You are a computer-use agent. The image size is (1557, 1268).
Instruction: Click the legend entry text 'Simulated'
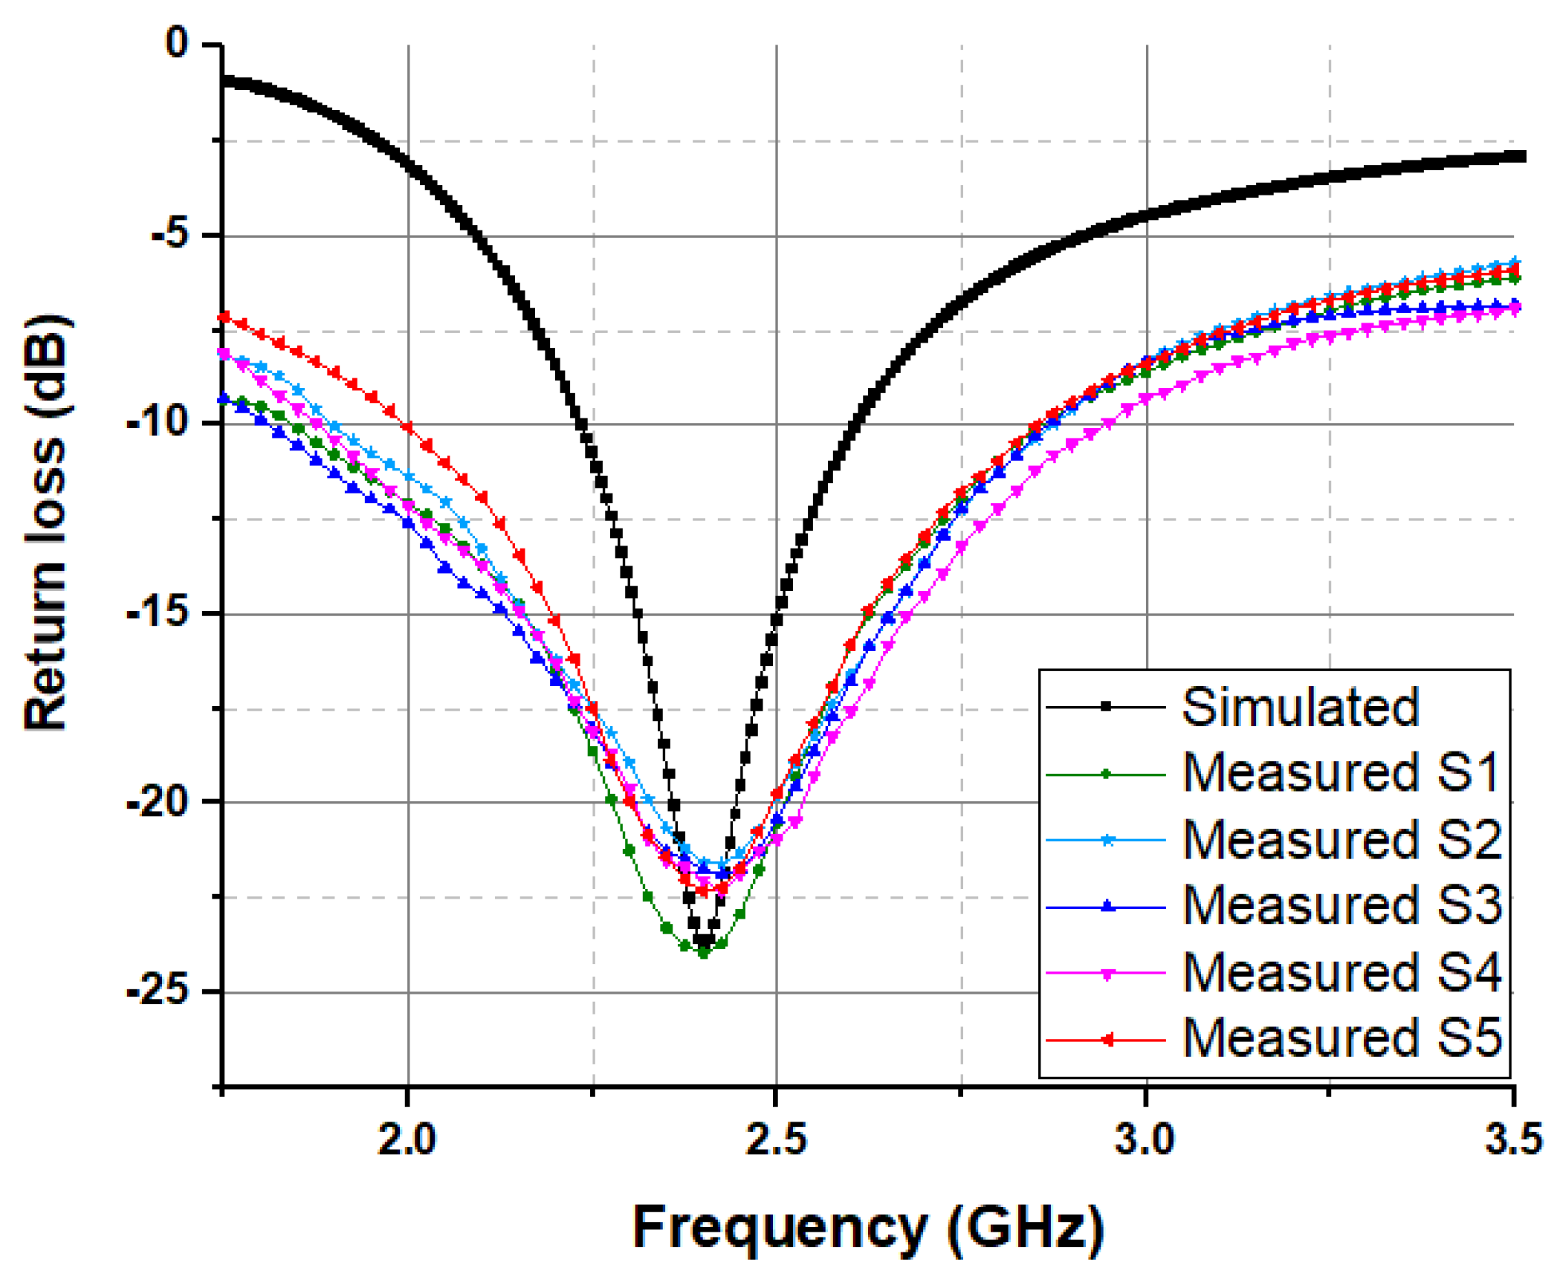1301,707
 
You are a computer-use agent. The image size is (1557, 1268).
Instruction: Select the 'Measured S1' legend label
1341,773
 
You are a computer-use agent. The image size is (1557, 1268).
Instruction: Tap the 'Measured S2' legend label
1341,840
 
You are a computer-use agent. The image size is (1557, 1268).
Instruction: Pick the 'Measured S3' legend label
1341,906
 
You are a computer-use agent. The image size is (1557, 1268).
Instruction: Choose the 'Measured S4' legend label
1341,972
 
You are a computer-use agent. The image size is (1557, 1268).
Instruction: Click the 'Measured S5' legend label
1341,1038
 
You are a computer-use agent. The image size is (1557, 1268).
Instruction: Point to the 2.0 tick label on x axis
407,1139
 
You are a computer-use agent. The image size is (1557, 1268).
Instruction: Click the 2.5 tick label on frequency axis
776,1139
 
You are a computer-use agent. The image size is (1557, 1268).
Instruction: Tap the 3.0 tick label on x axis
1145,1139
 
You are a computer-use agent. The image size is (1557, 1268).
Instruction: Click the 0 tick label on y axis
178,42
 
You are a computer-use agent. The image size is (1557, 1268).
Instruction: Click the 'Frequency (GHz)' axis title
867,1227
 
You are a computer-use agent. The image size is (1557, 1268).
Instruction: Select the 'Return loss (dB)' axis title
46,523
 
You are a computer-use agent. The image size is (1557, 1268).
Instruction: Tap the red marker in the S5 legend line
1107,1040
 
